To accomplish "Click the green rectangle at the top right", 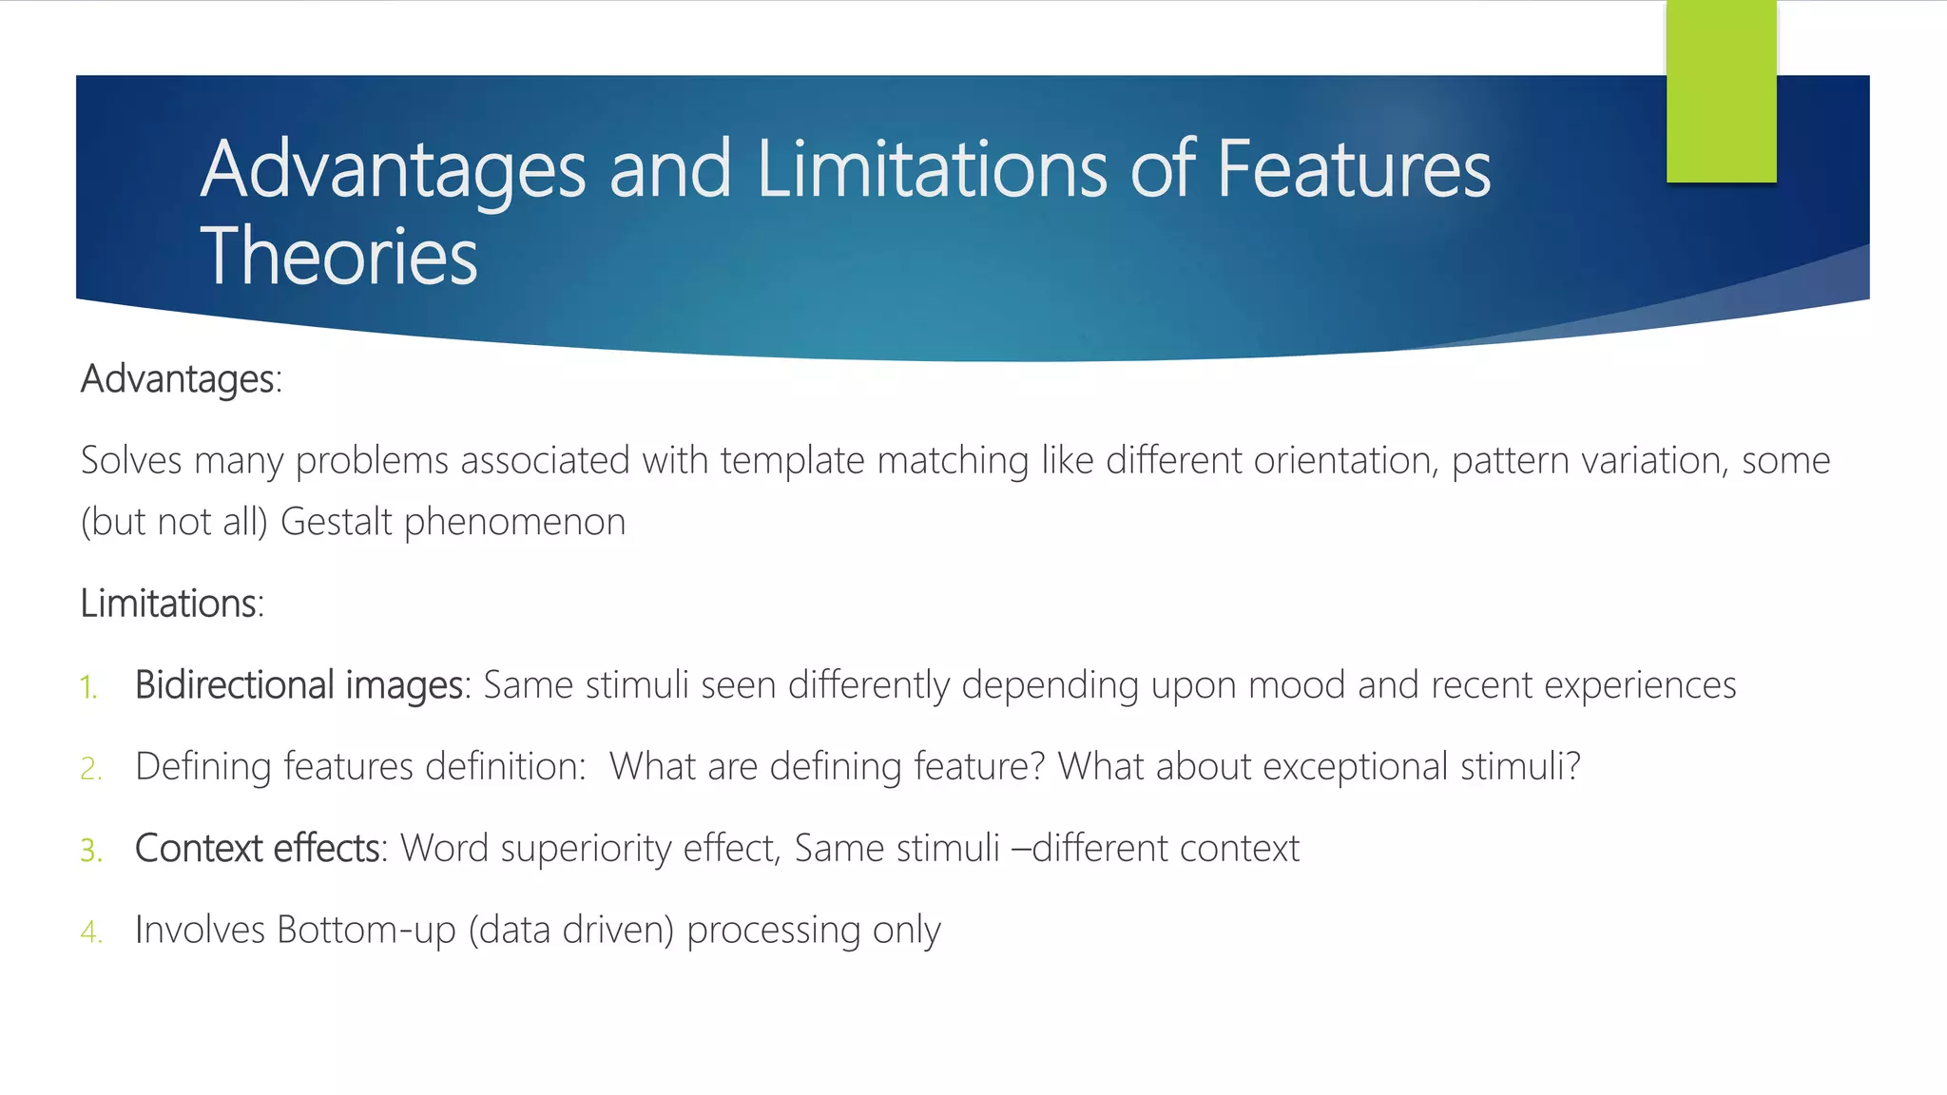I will (1721, 91).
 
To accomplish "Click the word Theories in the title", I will (338, 257).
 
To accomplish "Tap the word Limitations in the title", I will (932, 169).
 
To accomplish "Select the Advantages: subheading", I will (182, 379).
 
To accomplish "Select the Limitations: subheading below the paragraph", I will (172, 604).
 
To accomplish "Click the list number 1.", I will (88, 687).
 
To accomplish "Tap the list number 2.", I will (90, 769).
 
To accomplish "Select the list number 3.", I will (90, 851).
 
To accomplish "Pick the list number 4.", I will (90, 932).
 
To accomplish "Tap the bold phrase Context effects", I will (258, 849).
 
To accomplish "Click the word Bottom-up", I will (367, 931).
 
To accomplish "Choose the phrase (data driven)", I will (570, 931).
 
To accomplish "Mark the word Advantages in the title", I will (394, 169).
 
